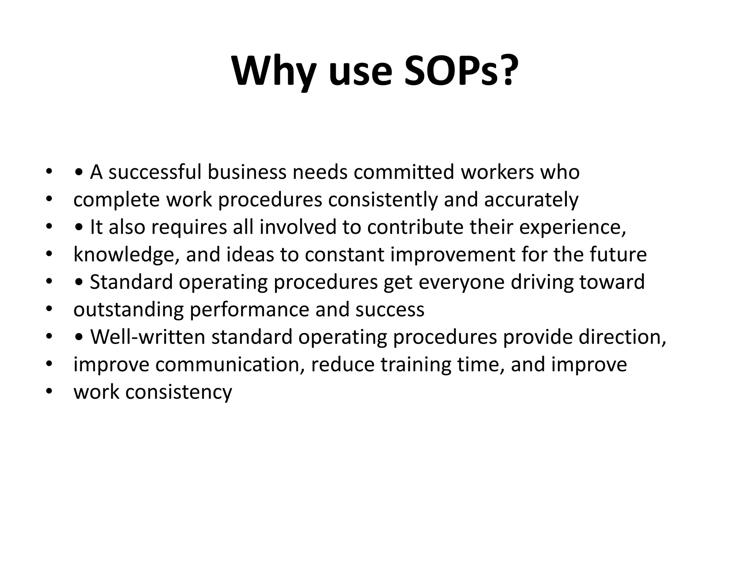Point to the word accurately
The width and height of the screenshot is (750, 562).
[531, 200]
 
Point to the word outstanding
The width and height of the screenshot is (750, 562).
[128, 310]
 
